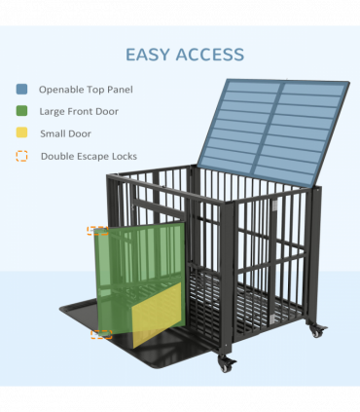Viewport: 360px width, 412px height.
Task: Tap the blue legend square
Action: coord(22,90)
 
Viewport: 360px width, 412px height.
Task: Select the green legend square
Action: coord(22,112)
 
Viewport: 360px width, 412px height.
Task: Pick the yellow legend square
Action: coord(22,133)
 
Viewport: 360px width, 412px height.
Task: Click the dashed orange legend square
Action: coord(22,156)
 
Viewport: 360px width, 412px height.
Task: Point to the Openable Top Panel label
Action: coord(86,90)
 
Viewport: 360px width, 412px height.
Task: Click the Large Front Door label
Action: coord(79,112)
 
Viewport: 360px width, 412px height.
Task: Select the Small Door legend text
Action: coord(66,133)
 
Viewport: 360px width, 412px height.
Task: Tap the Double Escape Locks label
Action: coord(89,156)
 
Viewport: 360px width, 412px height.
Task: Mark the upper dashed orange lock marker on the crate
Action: coord(97,232)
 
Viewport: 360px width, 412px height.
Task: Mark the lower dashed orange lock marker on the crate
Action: coord(101,334)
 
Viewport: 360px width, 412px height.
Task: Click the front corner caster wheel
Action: coord(227,365)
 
